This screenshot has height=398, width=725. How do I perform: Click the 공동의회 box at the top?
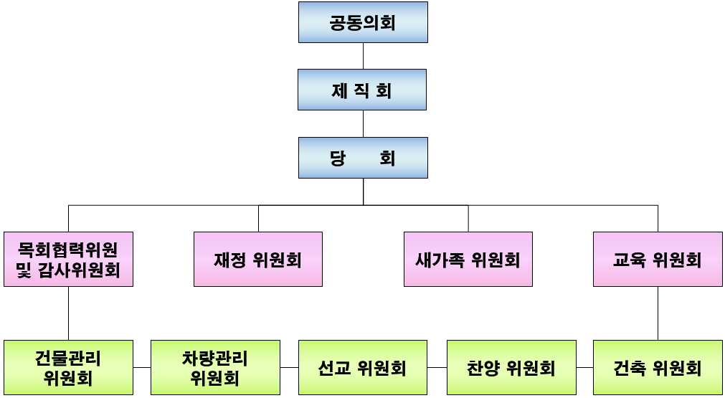[x=363, y=22]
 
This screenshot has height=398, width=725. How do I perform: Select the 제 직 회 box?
[x=362, y=90]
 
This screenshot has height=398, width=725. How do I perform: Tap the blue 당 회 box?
[x=363, y=157]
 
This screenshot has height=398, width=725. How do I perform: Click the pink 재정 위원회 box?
[x=258, y=259]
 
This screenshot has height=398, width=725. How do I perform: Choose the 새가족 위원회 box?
[x=468, y=259]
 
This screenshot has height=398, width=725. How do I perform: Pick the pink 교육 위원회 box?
[x=658, y=259]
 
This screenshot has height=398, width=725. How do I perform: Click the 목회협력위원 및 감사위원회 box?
[x=68, y=259]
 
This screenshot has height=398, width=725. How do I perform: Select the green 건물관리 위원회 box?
[x=68, y=367]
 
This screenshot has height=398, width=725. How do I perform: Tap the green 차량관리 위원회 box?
[x=215, y=367]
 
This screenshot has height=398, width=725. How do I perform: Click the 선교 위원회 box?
[x=363, y=367]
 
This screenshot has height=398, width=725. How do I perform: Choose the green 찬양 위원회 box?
[x=511, y=367]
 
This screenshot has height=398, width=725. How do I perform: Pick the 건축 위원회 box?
[x=658, y=367]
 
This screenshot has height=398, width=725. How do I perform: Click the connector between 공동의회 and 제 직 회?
[x=363, y=56]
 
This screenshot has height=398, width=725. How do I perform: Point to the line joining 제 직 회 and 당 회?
[x=363, y=123]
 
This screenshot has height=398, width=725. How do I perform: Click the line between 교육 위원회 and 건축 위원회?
[x=658, y=313]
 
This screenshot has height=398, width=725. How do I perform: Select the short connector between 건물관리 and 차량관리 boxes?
[x=142, y=367]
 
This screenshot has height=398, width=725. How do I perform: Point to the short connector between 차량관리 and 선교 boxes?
[x=289, y=367]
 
